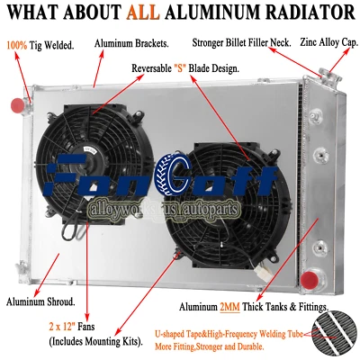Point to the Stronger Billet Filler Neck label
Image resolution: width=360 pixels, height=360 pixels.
point(241,42)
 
